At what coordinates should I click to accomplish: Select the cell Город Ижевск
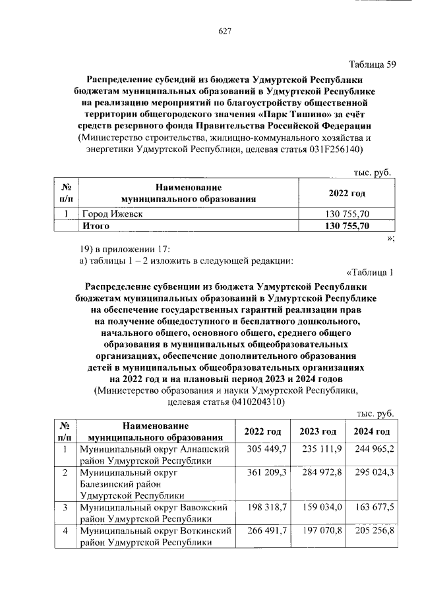[111, 215]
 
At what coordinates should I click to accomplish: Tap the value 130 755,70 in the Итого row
[347, 226]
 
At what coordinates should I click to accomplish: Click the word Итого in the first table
[95, 226]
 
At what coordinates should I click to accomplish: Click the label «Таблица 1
[369, 273]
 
